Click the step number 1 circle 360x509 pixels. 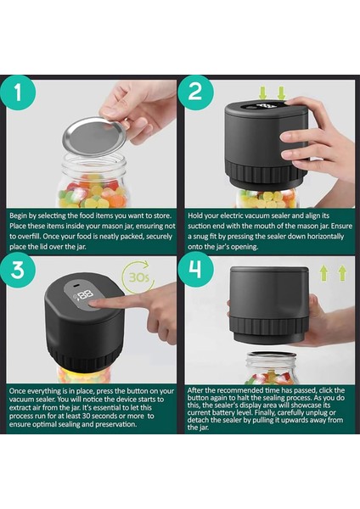(x=18, y=92)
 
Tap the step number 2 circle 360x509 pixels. (x=195, y=92)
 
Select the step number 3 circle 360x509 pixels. (x=18, y=269)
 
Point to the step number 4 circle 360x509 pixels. (x=195, y=269)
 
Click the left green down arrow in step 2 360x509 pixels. (x=263, y=92)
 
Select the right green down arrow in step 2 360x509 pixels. (x=281, y=92)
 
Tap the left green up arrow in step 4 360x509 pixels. (x=323, y=273)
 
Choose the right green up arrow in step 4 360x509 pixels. (x=342, y=273)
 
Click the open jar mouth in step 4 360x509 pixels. (x=271, y=355)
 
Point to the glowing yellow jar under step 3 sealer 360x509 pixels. (x=84, y=374)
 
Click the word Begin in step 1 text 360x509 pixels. (x=18, y=215)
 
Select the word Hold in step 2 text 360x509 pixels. (x=195, y=215)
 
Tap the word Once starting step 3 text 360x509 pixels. (x=17, y=391)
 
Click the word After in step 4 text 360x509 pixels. (x=194, y=390)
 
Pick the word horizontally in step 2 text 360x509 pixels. (x=325, y=237)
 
